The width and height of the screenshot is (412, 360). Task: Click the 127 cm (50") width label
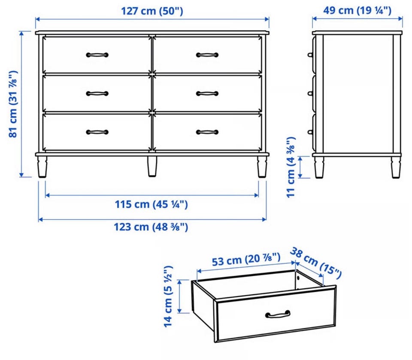152,11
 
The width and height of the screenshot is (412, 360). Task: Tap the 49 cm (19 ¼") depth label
357,10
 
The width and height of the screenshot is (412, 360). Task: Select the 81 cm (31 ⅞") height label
13,104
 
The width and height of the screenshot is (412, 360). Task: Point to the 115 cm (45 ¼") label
151,204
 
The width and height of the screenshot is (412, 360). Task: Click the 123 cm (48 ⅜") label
151,227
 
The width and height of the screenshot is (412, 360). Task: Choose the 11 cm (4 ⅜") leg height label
291,167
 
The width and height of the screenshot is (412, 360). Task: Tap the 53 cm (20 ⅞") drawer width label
246,260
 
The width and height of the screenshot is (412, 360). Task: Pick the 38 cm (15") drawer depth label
316,263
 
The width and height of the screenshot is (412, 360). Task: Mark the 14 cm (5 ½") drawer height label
168,296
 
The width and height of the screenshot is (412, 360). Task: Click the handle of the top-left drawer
97,55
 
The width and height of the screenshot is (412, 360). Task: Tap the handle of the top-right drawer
207,55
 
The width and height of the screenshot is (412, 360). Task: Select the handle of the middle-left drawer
97,94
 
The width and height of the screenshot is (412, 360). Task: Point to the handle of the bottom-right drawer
207,132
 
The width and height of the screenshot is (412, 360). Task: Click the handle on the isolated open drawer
278,314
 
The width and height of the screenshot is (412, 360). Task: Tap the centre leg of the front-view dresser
152,166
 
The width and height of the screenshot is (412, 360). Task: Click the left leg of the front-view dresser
42,167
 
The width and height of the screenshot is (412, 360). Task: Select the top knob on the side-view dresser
310,55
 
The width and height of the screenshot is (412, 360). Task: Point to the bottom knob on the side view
310,132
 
